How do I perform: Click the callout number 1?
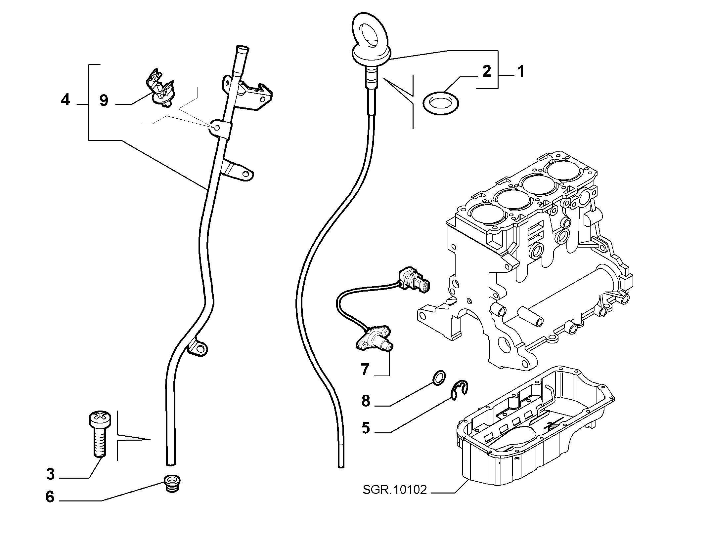click(x=520, y=71)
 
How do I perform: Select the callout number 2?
click(x=487, y=71)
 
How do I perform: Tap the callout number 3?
click(x=50, y=474)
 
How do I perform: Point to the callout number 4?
click(x=66, y=99)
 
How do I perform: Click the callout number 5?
click(x=366, y=428)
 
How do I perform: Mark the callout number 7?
click(x=365, y=370)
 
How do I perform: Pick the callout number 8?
click(x=366, y=401)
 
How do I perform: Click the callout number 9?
click(x=104, y=100)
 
